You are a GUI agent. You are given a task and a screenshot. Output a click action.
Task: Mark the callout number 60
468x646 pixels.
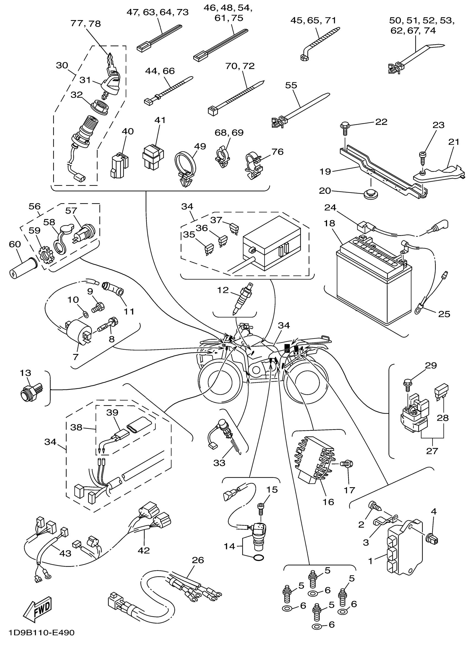15,244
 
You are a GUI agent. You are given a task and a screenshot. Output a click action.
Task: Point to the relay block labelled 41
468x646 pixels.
153,156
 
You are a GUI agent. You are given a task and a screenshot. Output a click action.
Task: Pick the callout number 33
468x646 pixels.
219,463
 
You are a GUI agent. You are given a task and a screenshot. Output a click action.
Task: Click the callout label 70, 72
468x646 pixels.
240,66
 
